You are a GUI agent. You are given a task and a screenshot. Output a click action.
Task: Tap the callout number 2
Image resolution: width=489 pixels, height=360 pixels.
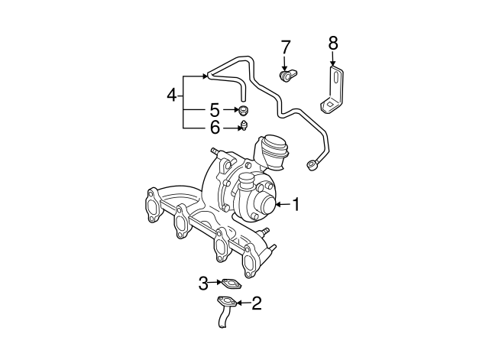(x=257, y=303)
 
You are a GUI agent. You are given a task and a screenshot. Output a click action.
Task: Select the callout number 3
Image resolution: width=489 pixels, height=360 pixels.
(x=203, y=284)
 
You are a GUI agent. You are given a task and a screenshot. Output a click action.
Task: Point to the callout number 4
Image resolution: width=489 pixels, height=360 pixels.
(x=172, y=95)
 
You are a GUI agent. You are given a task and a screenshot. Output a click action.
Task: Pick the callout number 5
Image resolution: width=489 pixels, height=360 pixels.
(x=215, y=110)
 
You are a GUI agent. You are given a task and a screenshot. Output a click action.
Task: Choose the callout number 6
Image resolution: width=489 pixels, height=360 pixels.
(x=215, y=128)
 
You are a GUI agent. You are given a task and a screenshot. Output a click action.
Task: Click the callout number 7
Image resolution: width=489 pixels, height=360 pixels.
(x=286, y=47)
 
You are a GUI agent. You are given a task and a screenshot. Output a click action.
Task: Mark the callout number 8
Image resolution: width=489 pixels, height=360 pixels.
(x=332, y=43)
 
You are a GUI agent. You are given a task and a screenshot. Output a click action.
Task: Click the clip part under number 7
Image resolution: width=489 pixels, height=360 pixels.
(x=289, y=76)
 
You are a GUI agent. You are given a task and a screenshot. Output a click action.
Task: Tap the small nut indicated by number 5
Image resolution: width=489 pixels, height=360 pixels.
(x=242, y=111)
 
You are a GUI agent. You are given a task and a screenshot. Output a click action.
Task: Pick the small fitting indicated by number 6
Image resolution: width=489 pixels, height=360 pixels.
(x=243, y=126)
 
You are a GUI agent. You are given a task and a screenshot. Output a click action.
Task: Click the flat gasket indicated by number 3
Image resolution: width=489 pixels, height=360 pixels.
(x=232, y=284)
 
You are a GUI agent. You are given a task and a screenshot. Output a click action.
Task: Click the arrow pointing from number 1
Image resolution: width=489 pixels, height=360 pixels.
(x=282, y=204)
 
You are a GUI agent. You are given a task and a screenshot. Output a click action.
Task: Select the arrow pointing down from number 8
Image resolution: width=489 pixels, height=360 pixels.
(x=332, y=60)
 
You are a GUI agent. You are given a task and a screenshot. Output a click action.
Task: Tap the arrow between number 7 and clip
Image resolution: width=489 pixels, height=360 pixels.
(x=286, y=63)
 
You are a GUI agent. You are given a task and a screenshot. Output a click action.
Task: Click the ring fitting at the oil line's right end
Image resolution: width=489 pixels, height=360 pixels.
(x=313, y=162)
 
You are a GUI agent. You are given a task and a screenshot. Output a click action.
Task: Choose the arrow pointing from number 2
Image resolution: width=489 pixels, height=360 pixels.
(x=242, y=303)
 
